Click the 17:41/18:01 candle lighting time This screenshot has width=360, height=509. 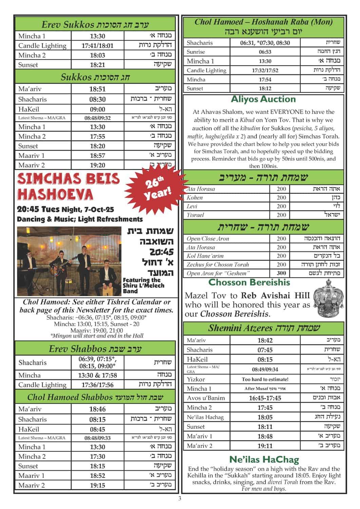click(97, 46)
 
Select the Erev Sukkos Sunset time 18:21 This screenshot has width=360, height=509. click(97, 65)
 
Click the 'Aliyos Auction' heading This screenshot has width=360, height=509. click(263, 99)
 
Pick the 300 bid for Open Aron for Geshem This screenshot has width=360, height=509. click(281, 273)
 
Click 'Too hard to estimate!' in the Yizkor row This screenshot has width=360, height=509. click(265, 379)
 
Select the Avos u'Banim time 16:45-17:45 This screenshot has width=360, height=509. click(265, 398)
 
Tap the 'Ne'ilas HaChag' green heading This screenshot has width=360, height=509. click(264, 460)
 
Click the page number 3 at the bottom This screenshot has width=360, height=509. click(180, 498)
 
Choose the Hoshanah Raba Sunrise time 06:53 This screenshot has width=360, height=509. click(265, 52)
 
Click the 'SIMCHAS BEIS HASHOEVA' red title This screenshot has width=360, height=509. click(69, 186)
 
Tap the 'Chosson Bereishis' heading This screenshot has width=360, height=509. click(249, 282)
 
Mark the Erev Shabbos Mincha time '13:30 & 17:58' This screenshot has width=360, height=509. click(97, 375)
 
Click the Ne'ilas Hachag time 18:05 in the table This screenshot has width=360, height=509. click(265, 417)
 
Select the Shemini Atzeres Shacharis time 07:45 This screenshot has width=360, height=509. click(265, 350)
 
